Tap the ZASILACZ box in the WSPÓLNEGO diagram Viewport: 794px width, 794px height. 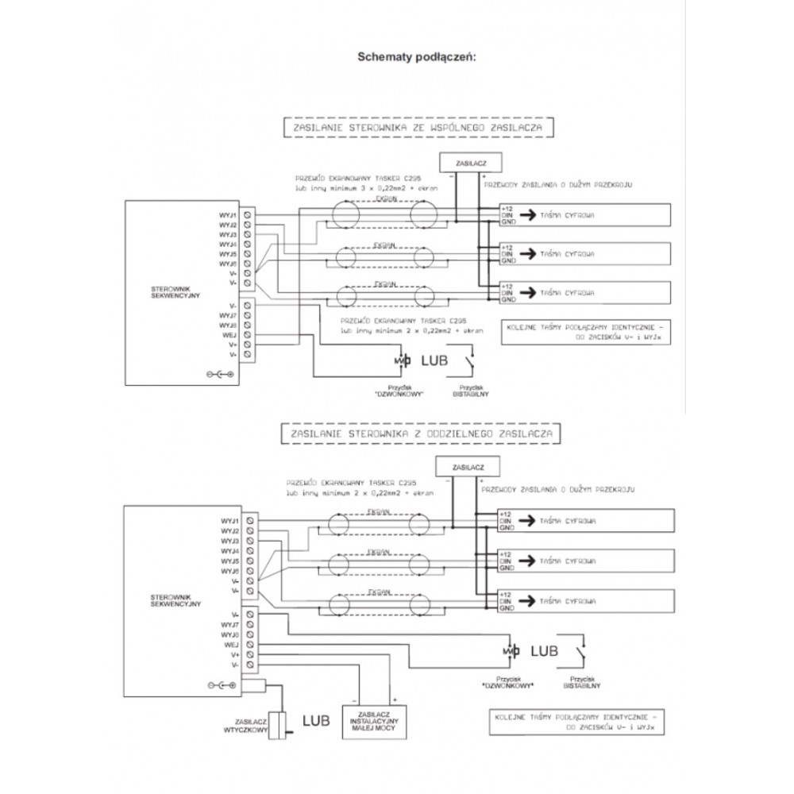click(465, 162)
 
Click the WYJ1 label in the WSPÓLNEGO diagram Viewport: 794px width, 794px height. click(228, 215)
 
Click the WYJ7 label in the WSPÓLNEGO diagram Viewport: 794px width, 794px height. click(228, 315)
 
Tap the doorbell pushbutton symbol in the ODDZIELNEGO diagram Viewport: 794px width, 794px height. click(508, 651)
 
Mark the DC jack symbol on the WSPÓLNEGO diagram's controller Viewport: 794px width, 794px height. click(219, 373)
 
